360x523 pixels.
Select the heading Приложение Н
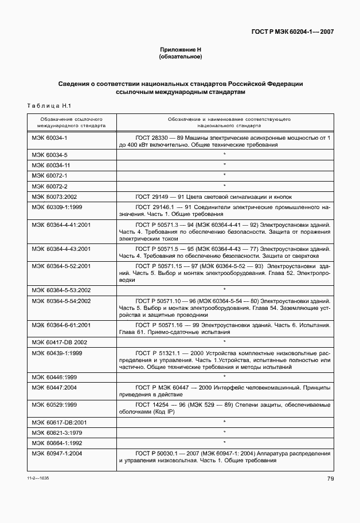(180, 50)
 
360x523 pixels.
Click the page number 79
(331, 479)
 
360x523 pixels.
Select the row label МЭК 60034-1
(49, 138)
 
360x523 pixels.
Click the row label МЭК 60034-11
(51, 165)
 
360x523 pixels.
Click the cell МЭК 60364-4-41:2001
(61, 226)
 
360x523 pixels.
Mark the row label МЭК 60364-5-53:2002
(61, 290)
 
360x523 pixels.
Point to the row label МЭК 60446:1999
(54, 377)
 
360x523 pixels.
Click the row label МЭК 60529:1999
(54, 404)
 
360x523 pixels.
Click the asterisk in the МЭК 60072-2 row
(224, 186)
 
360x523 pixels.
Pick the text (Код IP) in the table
(162, 412)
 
